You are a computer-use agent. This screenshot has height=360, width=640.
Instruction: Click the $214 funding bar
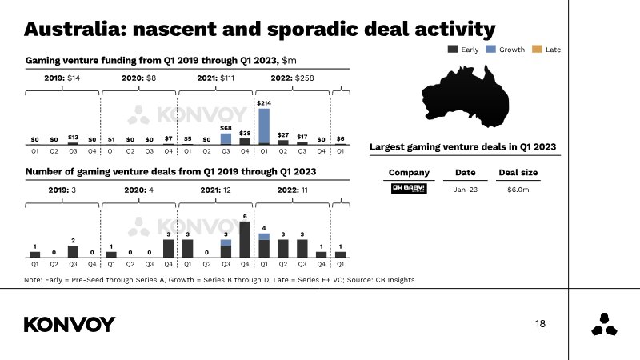click(x=264, y=126)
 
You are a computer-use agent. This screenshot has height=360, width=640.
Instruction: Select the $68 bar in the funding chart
click(x=226, y=138)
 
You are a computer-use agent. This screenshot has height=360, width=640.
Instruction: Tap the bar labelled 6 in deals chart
click(x=245, y=239)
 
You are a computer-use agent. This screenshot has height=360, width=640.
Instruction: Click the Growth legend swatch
click(x=490, y=49)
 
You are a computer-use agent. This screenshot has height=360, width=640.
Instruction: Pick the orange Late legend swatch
click(x=537, y=49)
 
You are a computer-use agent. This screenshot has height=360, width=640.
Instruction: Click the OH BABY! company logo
click(x=409, y=189)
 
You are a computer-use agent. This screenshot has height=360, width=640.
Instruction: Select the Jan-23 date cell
click(x=466, y=190)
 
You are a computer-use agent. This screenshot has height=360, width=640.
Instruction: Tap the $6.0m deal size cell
click(x=518, y=190)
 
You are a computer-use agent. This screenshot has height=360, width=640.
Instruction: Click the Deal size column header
click(x=518, y=172)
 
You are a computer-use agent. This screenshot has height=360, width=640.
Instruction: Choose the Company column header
click(x=409, y=173)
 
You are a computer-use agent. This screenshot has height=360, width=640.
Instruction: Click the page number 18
click(x=540, y=324)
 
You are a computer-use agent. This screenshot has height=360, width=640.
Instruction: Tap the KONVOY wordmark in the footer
click(x=70, y=325)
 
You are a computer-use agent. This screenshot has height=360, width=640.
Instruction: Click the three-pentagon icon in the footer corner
click(x=604, y=325)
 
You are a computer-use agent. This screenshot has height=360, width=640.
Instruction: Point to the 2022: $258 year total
click(x=292, y=78)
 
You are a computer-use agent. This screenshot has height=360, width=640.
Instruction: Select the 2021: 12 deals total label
click(x=215, y=190)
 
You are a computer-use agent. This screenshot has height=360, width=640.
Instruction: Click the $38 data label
click(x=245, y=133)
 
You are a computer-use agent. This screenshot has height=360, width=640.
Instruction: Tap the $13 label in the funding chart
click(x=73, y=137)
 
